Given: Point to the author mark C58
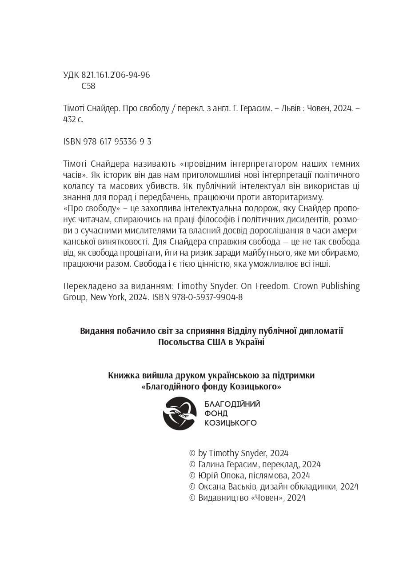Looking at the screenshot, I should click(88, 86).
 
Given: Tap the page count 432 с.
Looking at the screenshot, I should click(73, 119).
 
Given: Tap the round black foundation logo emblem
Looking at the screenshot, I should click(180, 413).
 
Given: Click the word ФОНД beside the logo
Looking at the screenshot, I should click(215, 413).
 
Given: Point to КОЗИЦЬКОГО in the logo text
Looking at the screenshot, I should click(230, 423).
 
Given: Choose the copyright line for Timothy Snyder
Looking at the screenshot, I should click(239, 453).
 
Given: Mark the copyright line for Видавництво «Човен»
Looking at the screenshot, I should click(247, 498).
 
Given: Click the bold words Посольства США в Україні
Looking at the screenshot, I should click(211, 342).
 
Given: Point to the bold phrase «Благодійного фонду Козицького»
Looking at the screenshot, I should click(211, 387).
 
